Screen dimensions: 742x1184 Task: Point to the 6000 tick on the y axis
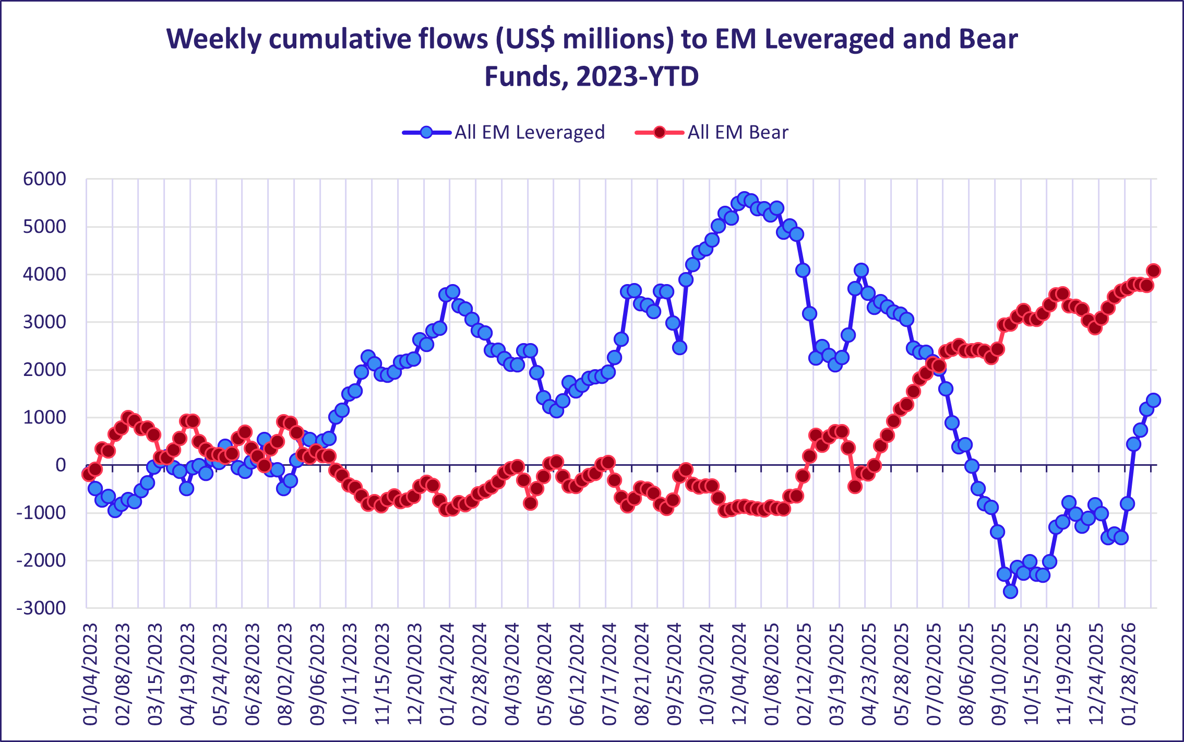pos(45,179)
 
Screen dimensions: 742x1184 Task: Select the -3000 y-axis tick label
pos(41,608)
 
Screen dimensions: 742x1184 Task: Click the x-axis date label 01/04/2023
pos(90,674)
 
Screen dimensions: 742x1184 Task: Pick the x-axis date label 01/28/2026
pos(1129,674)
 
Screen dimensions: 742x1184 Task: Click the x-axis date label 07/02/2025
pos(934,674)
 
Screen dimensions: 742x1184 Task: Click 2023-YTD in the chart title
pos(638,77)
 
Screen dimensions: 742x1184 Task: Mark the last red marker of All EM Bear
pos(1153,270)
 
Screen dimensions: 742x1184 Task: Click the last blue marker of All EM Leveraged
pos(1153,401)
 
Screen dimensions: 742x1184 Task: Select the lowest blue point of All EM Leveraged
pos(1010,591)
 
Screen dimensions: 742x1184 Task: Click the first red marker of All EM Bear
pos(88,474)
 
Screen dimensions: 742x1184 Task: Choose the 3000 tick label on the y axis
pos(45,322)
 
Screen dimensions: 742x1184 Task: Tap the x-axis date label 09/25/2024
pos(674,674)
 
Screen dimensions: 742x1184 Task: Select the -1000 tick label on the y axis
pos(41,513)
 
